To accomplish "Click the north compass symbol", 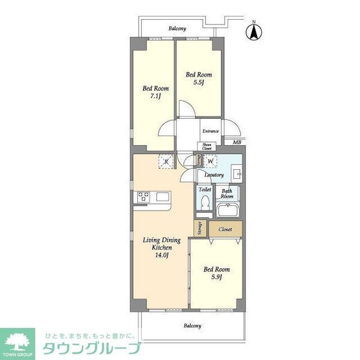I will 253,32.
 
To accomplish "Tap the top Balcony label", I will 176,29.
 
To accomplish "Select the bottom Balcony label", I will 193,326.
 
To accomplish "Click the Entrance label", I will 210,131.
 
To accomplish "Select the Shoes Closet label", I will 206,147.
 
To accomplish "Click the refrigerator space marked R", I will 166,161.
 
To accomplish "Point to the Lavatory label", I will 214,175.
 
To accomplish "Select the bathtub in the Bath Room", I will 227,210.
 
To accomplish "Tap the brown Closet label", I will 225,229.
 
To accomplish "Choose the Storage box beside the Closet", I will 199,228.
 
